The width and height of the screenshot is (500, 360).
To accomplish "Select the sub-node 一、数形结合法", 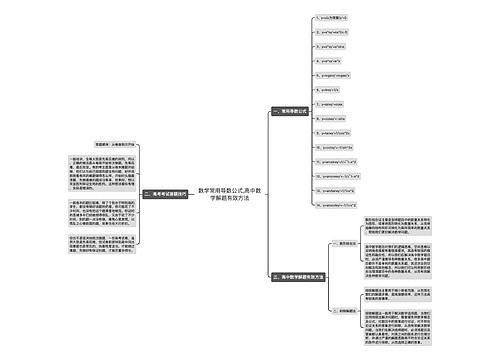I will [345, 243].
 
